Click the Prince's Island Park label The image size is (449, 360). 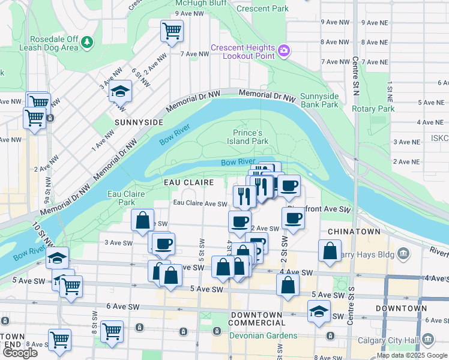pos(250,136)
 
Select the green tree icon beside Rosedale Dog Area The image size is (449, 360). pos(88,42)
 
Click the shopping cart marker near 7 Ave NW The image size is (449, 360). pos(172,31)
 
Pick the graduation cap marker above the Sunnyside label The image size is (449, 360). pos(120,92)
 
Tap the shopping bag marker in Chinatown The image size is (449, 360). pos(330,251)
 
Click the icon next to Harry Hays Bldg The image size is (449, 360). pos(403,254)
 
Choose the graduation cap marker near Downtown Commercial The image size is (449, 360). pos(318,311)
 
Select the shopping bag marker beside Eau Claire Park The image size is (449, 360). pos(143,220)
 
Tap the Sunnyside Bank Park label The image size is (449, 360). pos(319,100)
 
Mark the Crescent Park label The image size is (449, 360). pos(262,8)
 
